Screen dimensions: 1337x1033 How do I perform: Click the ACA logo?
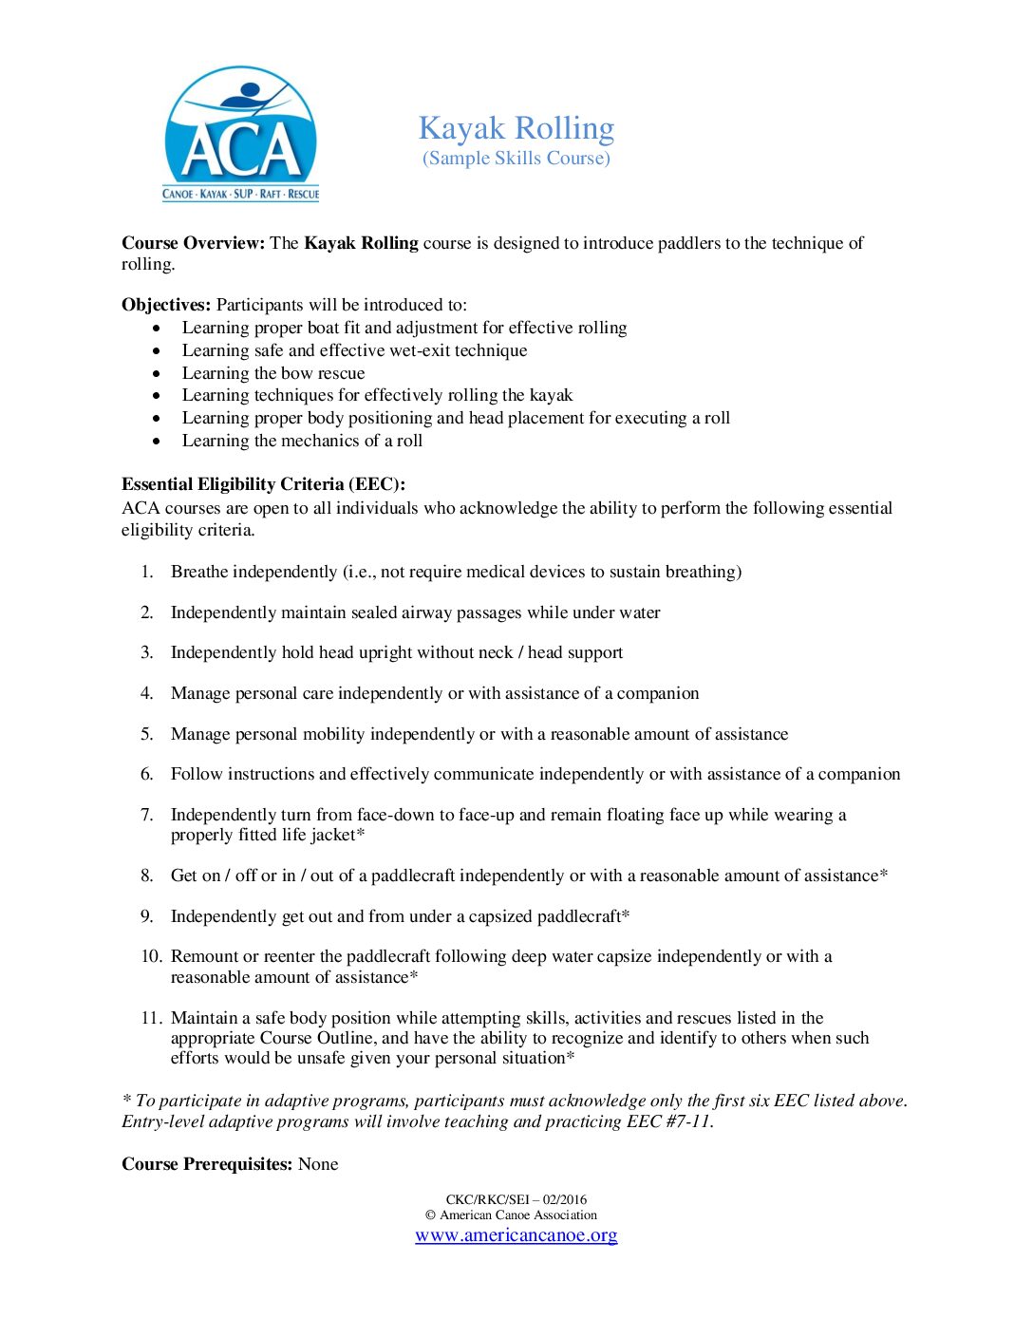pos(241,134)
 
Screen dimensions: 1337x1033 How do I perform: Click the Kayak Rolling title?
pos(516,127)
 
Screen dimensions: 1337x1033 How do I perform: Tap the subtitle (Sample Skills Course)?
pos(516,158)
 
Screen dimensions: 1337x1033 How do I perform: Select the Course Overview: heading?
pos(193,243)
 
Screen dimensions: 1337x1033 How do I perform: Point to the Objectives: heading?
pos(166,305)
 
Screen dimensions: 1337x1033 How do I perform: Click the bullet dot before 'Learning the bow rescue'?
pos(157,373)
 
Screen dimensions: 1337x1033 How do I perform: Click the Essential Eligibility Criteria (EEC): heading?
pos(263,484)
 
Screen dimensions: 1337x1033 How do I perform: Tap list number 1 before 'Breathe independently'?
pos(147,572)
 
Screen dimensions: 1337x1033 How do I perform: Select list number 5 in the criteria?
pos(147,734)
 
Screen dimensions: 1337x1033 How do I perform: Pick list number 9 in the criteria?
pos(147,916)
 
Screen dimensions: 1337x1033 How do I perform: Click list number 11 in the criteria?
pos(151,1018)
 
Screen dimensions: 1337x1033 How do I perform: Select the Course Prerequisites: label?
pos(207,1164)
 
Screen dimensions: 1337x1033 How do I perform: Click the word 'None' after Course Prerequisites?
pos(318,1164)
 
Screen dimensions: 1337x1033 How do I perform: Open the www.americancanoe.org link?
pos(516,1235)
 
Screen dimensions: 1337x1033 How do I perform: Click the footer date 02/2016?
pos(565,1199)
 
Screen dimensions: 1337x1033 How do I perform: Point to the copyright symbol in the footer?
pos(430,1215)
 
